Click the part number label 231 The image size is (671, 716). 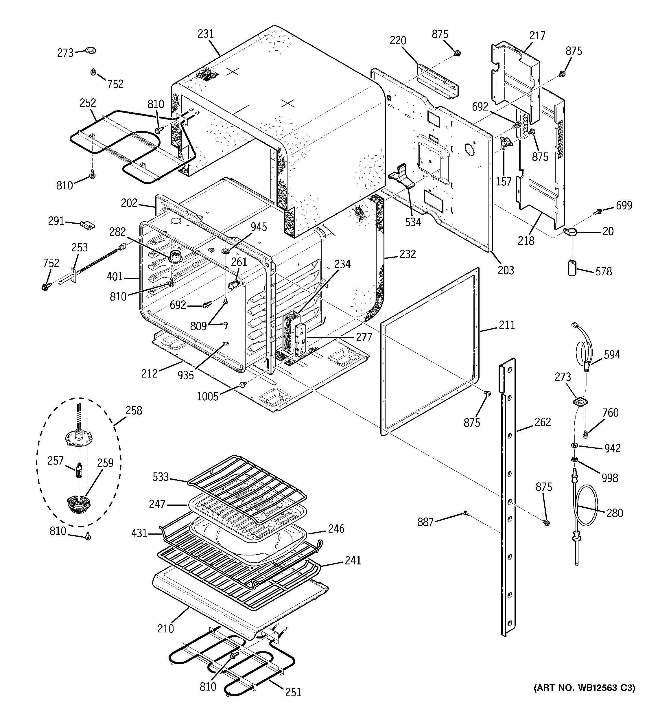tap(205, 34)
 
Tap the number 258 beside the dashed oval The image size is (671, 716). tap(134, 410)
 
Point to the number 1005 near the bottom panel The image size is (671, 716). tap(207, 397)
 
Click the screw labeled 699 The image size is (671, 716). tap(598, 211)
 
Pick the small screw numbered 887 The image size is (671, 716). tap(465, 513)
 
